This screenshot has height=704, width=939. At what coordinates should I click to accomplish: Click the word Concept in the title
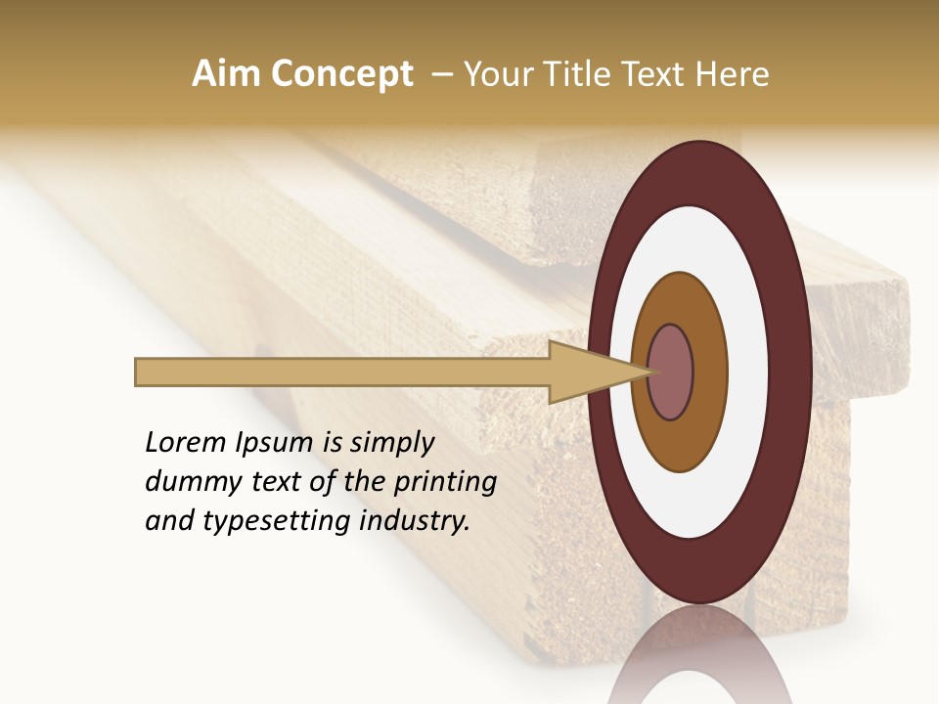click(342, 74)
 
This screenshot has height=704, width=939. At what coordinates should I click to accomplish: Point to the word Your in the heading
click(495, 74)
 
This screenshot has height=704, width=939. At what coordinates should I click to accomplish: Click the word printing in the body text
click(446, 483)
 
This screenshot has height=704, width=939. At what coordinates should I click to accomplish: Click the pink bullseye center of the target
click(671, 372)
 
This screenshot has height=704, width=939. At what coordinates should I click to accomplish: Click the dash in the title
click(439, 74)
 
